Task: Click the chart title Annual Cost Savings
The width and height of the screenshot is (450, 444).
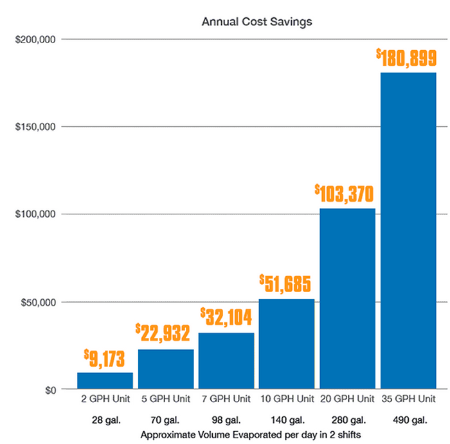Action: pyautogui.click(x=256, y=22)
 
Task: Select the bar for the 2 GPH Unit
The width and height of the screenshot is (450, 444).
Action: pyautogui.click(x=105, y=381)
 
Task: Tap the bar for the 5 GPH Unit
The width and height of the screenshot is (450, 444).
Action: pyautogui.click(x=166, y=369)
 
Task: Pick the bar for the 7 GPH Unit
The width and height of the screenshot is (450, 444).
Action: pyautogui.click(x=226, y=361)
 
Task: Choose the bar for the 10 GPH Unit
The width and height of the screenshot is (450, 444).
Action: pyautogui.click(x=287, y=344)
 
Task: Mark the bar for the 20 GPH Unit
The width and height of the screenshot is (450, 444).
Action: pyautogui.click(x=347, y=299)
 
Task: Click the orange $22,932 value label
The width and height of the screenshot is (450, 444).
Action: pyautogui.click(x=163, y=333)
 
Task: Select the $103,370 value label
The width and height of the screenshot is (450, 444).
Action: pyautogui.click(x=344, y=192)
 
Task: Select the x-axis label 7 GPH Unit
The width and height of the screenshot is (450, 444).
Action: pyautogui.click(x=226, y=398)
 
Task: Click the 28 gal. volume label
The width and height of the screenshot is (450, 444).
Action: pyautogui.click(x=105, y=420)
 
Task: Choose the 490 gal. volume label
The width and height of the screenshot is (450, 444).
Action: pyautogui.click(x=408, y=420)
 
